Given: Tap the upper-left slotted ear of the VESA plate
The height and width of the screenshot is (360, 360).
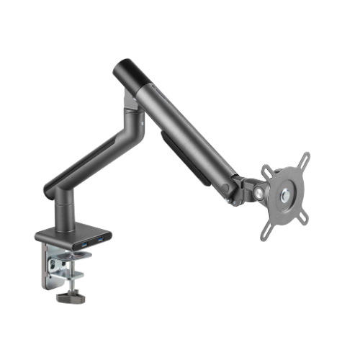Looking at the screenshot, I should pos(266,171).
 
